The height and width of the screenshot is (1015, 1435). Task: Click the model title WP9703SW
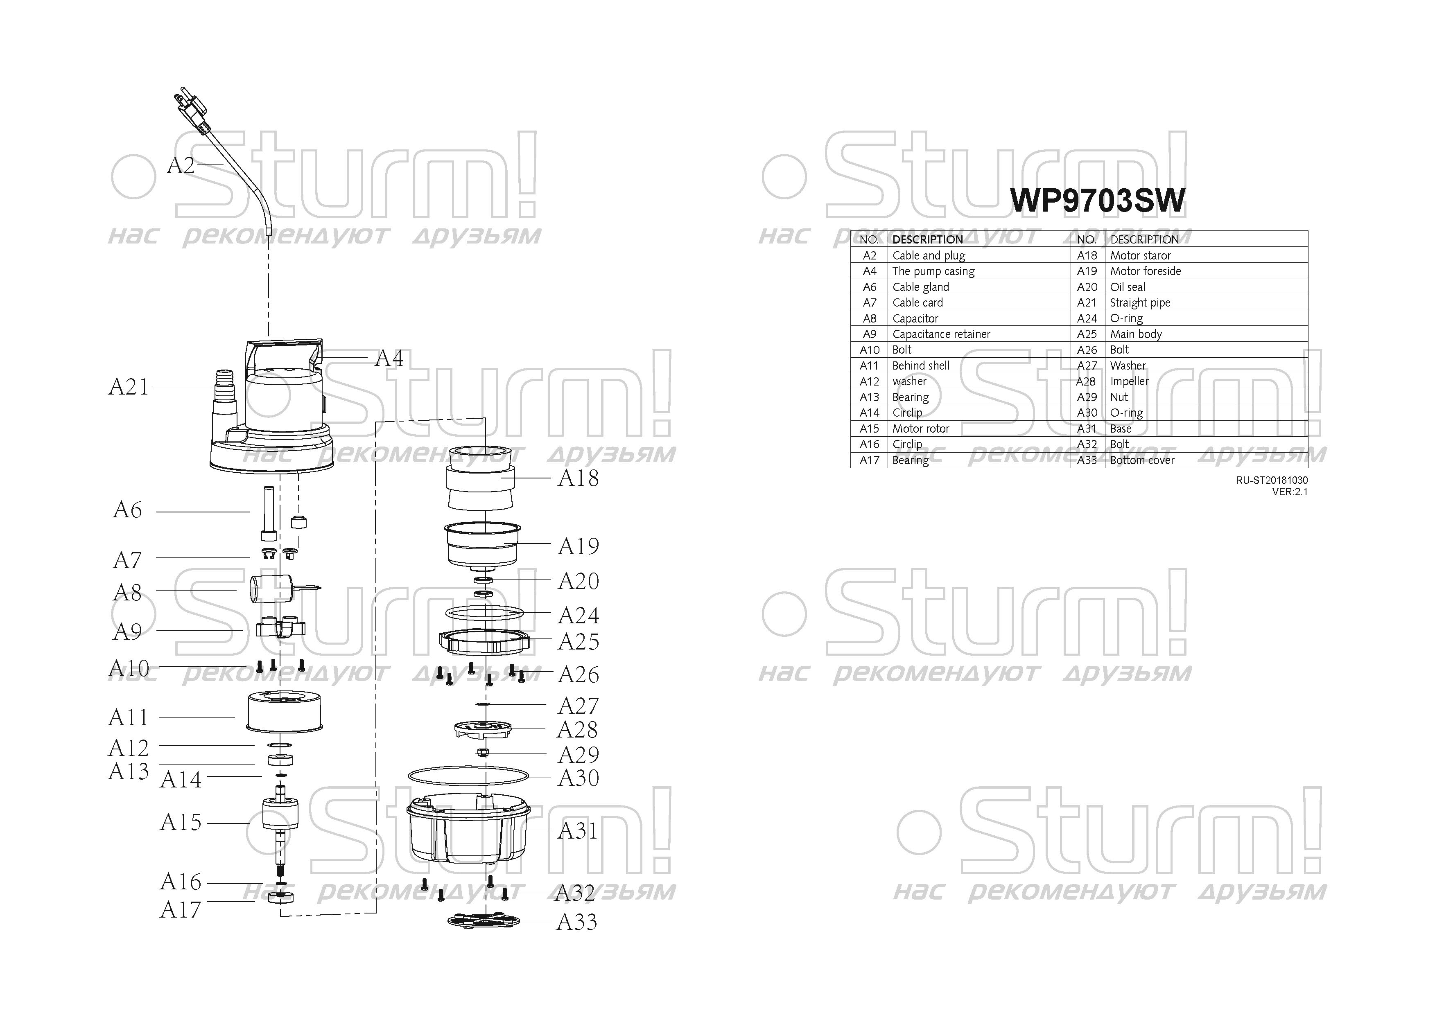click(x=1097, y=201)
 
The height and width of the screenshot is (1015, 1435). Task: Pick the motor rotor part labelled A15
click(x=280, y=831)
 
